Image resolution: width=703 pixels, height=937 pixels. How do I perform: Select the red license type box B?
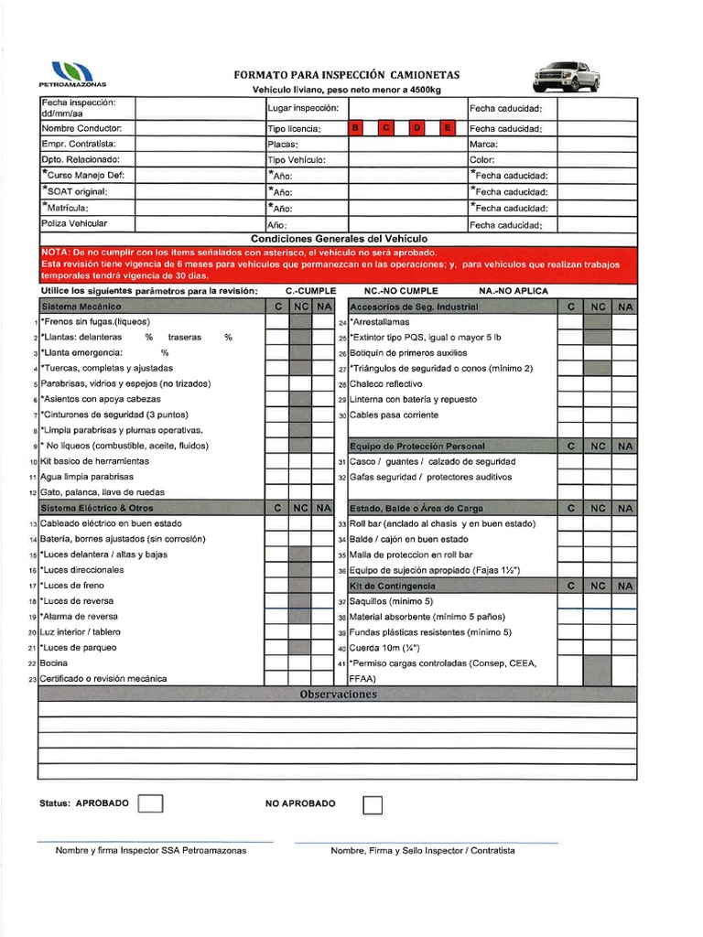pyautogui.click(x=356, y=129)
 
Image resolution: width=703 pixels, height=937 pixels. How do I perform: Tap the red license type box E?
pyautogui.click(x=448, y=129)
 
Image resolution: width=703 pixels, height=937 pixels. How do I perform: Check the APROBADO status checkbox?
pyautogui.click(x=150, y=803)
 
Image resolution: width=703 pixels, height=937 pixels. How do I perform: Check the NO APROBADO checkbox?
pyautogui.click(x=373, y=804)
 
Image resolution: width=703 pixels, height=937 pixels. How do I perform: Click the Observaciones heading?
pyautogui.click(x=338, y=695)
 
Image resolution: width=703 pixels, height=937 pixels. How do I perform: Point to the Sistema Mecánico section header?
pyautogui.click(x=81, y=307)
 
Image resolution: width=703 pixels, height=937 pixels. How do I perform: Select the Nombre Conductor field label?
pyautogui.click(x=75, y=129)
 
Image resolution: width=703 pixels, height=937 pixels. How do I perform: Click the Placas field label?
pyautogui.click(x=283, y=145)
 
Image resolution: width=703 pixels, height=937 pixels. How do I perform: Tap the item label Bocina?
pyautogui.click(x=55, y=663)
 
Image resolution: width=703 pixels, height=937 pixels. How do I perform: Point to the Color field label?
pyautogui.click(x=482, y=160)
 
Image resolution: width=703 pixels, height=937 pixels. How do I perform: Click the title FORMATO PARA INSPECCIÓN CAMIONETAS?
pyautogui.click(x=347, y=75)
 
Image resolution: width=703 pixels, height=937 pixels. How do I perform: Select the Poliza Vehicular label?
pyautogui.click(x=74, y=223)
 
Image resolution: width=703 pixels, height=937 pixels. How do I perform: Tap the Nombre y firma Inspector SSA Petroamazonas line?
pyautogui.click(x=151, y=850)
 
